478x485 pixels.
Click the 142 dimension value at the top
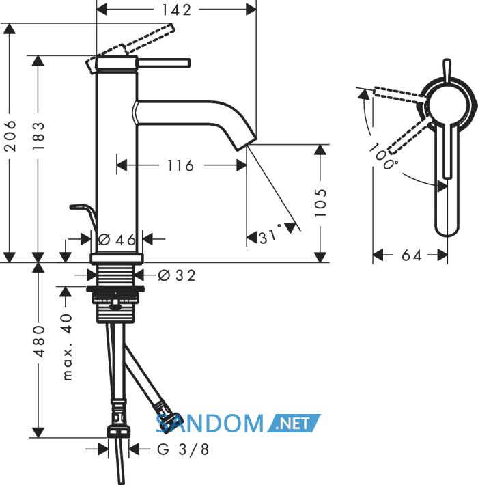[177, 10]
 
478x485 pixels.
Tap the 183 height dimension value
[38, 136]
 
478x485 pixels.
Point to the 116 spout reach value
[180, 165]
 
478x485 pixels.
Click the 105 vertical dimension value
[320, 203]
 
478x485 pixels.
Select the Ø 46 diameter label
[117, 239]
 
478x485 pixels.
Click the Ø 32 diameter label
[177, 275]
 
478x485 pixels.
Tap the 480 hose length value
[39, 341]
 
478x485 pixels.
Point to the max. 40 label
[67, 347]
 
